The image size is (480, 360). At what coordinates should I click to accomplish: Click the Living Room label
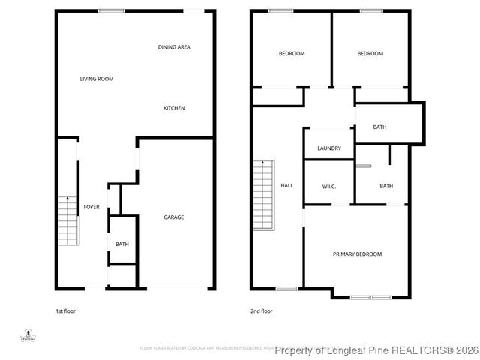coord(97,79)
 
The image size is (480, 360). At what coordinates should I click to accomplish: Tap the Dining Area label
coord(174,47)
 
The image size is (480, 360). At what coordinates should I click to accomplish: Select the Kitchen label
coord(174,108)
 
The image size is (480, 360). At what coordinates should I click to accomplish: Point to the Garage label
coord(174,217)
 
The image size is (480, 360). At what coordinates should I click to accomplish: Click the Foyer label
coord(91,207)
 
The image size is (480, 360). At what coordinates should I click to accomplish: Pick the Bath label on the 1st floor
coord(121,244)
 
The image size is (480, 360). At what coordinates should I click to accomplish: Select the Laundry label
coord(329,148)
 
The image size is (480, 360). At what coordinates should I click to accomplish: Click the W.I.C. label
coord(328,186)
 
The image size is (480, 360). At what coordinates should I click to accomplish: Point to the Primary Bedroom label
coord(357,254)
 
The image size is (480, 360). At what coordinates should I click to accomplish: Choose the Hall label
coord(286,186)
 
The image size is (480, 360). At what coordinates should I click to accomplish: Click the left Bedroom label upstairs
coord(292,54)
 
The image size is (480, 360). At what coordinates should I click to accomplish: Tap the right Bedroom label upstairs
coord(370,54)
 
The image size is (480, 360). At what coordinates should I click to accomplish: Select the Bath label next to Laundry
coord(380,127)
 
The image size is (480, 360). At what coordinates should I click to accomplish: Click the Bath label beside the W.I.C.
coord(386,186)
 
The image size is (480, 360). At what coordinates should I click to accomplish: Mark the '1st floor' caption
coord(65,310)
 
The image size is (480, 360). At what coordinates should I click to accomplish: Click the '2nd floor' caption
coord(262,310)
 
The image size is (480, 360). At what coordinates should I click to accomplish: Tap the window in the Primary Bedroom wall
coord(370,298)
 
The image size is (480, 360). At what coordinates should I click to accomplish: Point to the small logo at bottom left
coord(28,335)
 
